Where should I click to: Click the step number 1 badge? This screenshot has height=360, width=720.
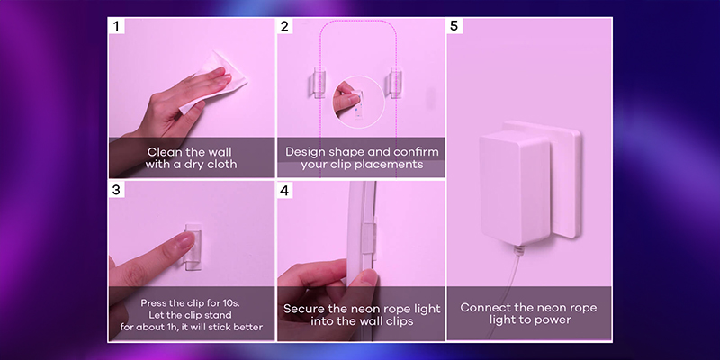click(x=116, y=26)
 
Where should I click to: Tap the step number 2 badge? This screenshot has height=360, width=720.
click(x=284, y=26)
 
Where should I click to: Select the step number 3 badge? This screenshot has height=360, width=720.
click(x=116, y=190)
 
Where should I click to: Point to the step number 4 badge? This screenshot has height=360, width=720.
click(x=284, y=190)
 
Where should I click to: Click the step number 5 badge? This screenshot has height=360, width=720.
click(x=454, y=26)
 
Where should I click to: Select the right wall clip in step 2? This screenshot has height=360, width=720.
click(x=394, y=83)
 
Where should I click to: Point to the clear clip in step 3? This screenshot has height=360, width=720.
click(x=193, y=247)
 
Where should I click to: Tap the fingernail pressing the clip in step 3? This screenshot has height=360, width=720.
click(x=187, y=240)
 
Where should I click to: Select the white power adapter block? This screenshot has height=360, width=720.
click(x=515, y=187)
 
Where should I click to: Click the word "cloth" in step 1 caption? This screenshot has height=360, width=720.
click(x=221, y=164)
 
